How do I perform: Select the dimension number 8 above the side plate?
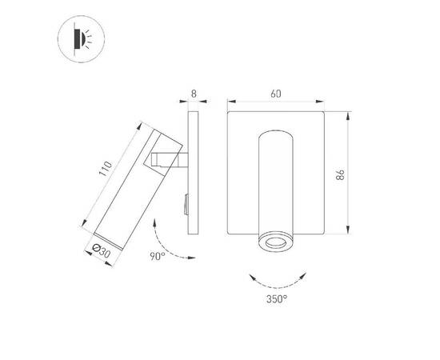[194, 94]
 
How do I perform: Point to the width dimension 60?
[276, 94]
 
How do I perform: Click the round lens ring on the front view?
[276, 241]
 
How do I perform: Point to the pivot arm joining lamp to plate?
[170, 159]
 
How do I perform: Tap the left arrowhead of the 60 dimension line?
[230, 101]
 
